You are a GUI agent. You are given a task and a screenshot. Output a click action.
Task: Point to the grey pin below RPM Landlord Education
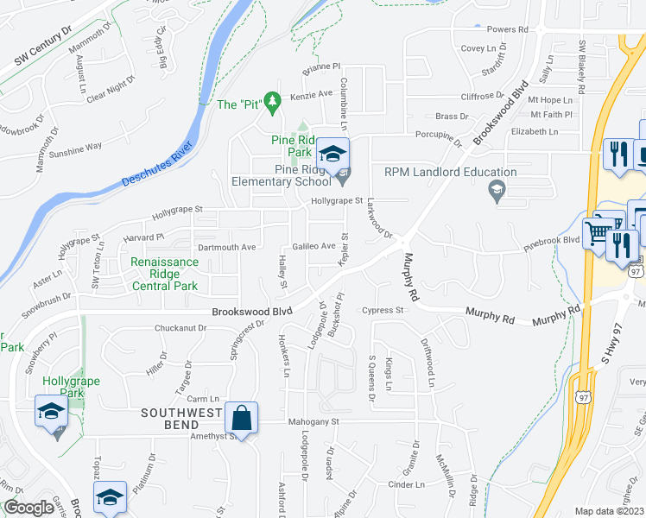(x=496, y=190)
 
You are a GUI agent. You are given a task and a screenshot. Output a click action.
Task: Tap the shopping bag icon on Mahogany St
(x=242, y=418)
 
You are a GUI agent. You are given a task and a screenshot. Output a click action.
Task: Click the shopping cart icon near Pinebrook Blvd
(x=598, y=231)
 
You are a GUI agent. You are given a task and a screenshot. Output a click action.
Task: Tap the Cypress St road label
(x=383, y=310)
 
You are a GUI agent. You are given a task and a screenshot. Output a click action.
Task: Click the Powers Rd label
(x=507, y=29)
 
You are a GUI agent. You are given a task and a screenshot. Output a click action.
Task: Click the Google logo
(x=28, y=508)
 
